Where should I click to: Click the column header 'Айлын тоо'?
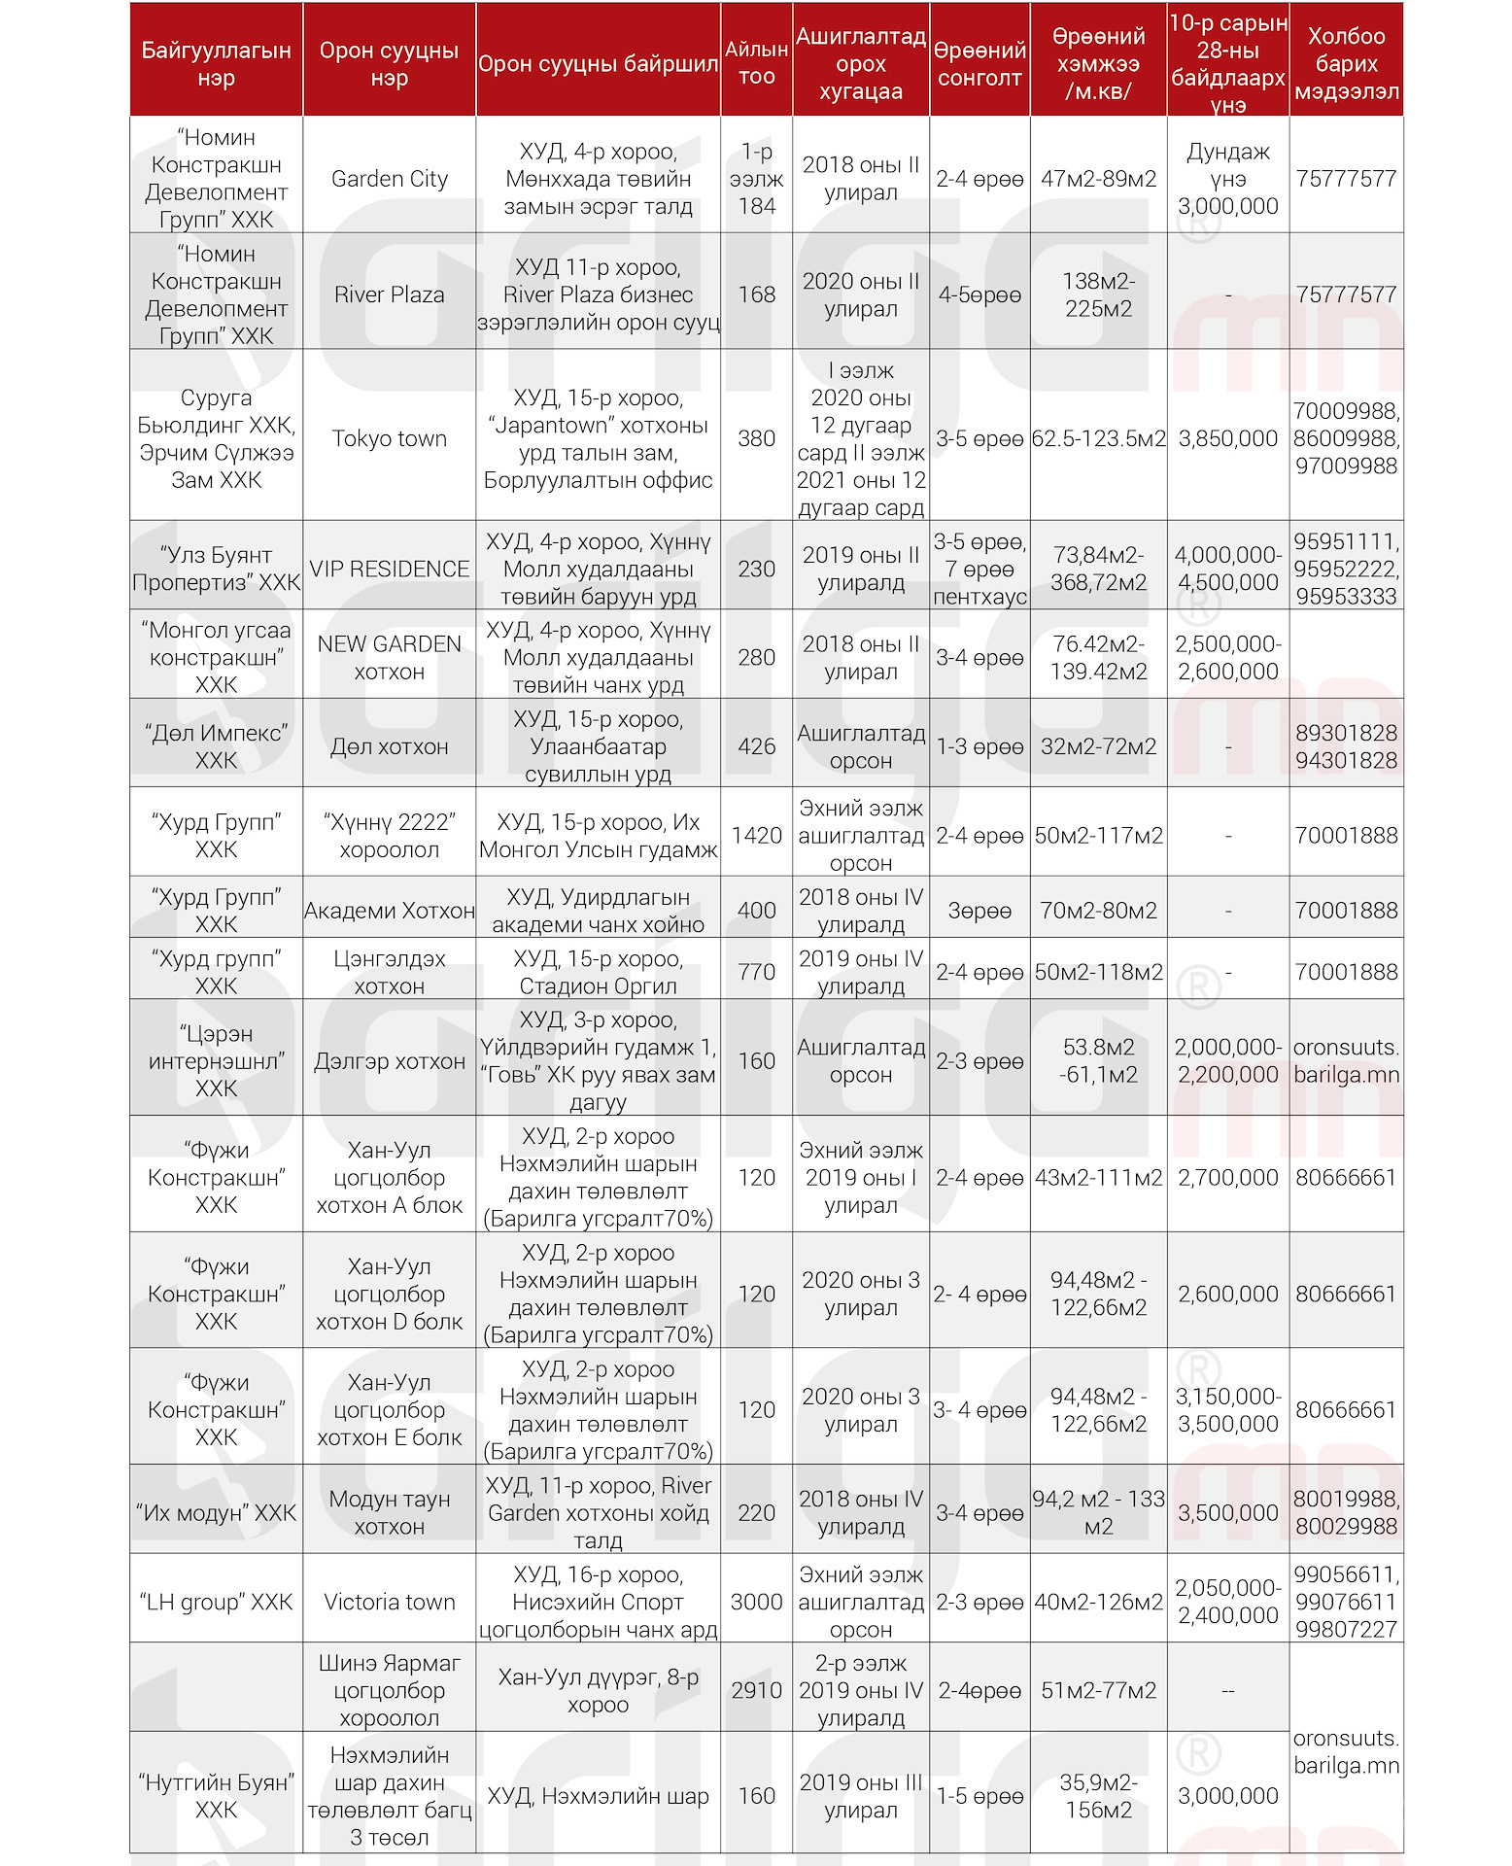pos(756,62)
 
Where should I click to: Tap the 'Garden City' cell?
pos(389,179)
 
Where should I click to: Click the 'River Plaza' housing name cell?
pos(389,294)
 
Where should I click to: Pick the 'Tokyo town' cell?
pos(389,438)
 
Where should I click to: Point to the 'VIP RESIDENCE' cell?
pos(389,569)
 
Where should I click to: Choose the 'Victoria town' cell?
pos(389,1602)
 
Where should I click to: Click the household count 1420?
pos(756,835)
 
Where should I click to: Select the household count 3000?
pos(756,1602)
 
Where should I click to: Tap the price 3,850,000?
pos(1227,438)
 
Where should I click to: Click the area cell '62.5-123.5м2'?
pos(1098,438)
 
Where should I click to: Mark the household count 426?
pos(756,746)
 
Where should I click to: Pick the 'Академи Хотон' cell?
pos(389,911)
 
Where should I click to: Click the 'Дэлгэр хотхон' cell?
pos(389,1061)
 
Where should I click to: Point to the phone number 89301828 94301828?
pos(1346,746)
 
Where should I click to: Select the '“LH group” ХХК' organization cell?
pos(216,1602)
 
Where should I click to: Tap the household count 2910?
pos(756,1690)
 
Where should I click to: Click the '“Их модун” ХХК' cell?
pos(216,1512)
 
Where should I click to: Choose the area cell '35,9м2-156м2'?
pos(1098,1796)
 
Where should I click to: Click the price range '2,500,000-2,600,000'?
pos(1227,657)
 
